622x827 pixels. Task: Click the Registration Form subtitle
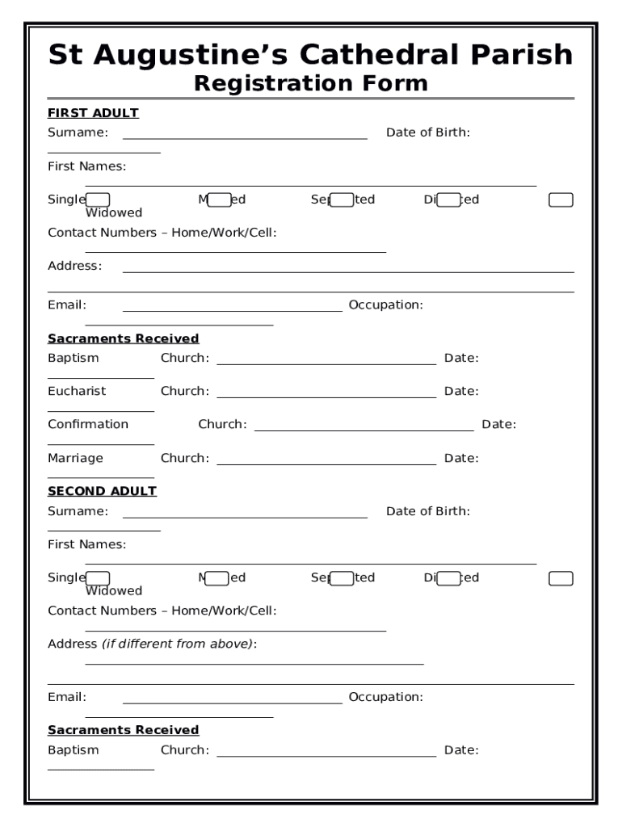click(311, 83)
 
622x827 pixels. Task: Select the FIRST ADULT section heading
click(93, 113)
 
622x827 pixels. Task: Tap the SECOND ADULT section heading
click(102, 491)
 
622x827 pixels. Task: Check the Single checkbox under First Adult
click(99, 199)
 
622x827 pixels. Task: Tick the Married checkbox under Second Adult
click(218, 577)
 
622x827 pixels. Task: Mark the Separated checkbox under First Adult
click(342, 199)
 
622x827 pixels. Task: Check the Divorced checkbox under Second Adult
click(448, 577)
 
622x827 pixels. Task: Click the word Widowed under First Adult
click(114, 213)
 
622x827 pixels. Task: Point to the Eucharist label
click(77, 391)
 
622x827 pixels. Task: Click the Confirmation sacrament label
click(88, 424)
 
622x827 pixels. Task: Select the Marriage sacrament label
click(75, 458)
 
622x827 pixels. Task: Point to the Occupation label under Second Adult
click(385, 697)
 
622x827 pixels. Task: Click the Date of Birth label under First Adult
click(427, 132)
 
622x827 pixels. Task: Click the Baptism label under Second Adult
click(73, 749)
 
